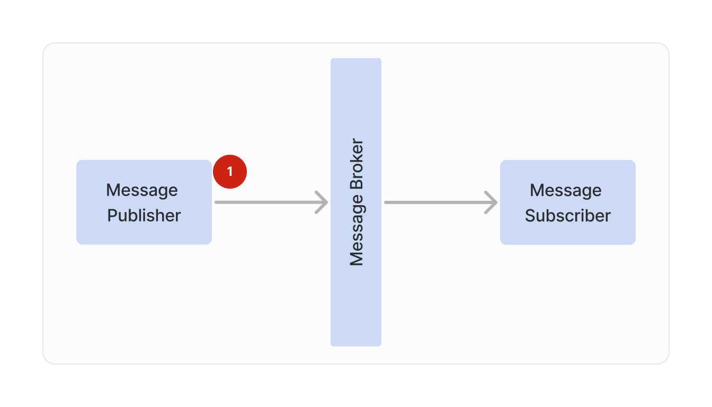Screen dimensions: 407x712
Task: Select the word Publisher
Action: click(x=144, y=216)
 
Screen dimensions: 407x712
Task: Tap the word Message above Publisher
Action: click(x=142, y=190)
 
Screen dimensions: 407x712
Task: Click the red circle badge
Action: click(x=230, y=172)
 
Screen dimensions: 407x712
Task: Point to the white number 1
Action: click(x=230, y=172)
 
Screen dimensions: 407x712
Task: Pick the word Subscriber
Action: click(x=567, y=216)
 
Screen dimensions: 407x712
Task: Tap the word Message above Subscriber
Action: click(x=565, y=190)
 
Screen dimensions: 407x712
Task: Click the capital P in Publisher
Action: click(x=112, y=216)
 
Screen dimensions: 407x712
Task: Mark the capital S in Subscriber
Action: click(x=530, y=216)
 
